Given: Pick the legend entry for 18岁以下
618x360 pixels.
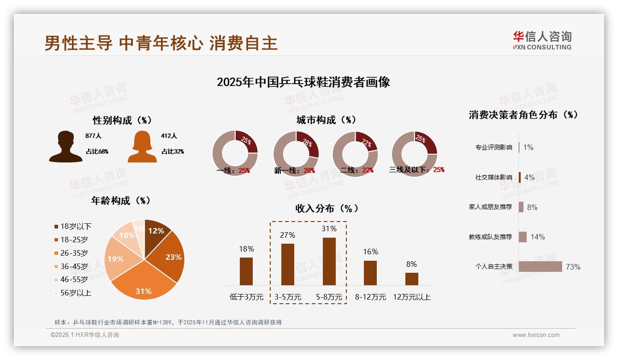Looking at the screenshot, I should pyautogui.click(x=72, y=226).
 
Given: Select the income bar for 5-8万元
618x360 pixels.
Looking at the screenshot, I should pyautogui.click(x=329, y=261).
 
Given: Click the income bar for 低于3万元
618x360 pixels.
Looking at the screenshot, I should pyautogui.click(x=246, y=271).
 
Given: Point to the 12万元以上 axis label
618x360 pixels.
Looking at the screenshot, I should pyautogui.click(x=411, y=297).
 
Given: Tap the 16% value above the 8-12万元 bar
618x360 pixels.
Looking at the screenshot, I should pyautogui.click(x=370, y=252).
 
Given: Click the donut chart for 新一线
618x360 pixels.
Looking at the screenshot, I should pyautogui.click(x=296, y=154).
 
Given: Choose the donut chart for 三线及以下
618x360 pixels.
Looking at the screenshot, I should pyautogui.click(x=414, y=154).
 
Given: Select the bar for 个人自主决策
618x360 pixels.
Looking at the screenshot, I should pyautogui.click(x=541, y=266).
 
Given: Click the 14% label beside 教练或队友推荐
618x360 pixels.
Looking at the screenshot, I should pyautogui.click(x=537, y=237).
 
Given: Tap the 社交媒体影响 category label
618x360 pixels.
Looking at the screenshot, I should pyautogui.click(x=493, y=177).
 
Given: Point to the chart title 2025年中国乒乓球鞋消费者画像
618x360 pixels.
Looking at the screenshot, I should pyautogui.click(x=303, y=82).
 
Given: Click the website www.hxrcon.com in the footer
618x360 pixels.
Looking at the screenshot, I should pyautogui.click(x=536, y=335).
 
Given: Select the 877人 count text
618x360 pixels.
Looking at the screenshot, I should pyautogui.click(x=93, y=136).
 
